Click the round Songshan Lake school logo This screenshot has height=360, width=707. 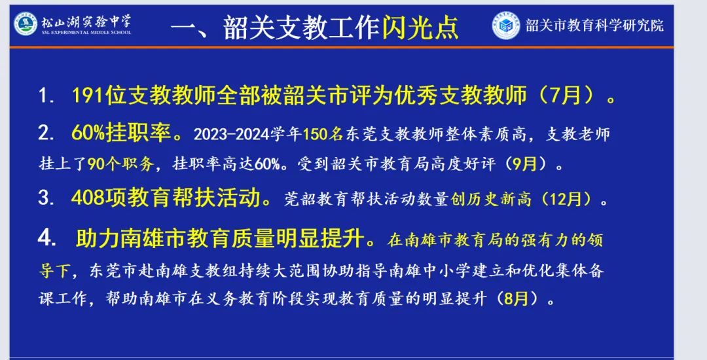[x=26, y=24]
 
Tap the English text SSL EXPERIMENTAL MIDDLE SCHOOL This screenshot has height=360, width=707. [x=86, y=33]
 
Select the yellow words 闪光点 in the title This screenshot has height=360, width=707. [x=420, y=27]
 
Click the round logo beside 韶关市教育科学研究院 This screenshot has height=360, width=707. [x=505, y=26]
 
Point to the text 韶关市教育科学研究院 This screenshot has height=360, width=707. [x=594, y=26]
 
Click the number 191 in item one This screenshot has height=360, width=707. [x=88, y=96]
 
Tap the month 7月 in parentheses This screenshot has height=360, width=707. [x=566, y=96]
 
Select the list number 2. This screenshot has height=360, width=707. [x=46, y=134]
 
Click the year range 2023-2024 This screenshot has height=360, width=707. [x=232, y=134]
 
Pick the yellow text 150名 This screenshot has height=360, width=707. [x=323, y=134]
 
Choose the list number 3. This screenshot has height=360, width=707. [x=46, y=198]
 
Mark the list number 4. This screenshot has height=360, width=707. [x=46, y=238]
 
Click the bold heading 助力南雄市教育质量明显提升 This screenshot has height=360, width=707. [x=220, y=238]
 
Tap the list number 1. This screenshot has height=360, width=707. [x=46, y=96]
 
